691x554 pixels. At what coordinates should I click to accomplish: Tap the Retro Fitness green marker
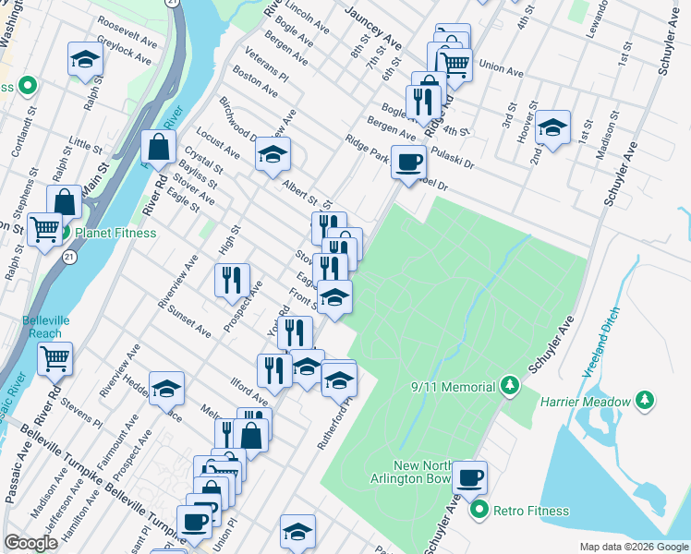[x=479, y=510]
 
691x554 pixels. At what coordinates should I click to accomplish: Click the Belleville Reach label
[x=43, y=327]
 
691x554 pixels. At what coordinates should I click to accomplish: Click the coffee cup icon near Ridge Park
[x=408, y=162]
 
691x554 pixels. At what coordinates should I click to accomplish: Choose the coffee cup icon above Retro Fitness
[x=469, y=477]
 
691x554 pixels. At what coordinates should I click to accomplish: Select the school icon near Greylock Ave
[x=85, y=60]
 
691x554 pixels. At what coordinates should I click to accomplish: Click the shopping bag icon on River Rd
[x=159, y=146]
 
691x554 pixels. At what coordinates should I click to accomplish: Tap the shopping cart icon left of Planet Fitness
[x=44, y=229]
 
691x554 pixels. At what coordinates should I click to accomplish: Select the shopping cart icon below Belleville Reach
[x=55, y=358]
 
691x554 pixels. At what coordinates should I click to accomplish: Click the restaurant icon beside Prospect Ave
[x=232, y=281]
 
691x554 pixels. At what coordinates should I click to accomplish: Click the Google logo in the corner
[x=30, y=543]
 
